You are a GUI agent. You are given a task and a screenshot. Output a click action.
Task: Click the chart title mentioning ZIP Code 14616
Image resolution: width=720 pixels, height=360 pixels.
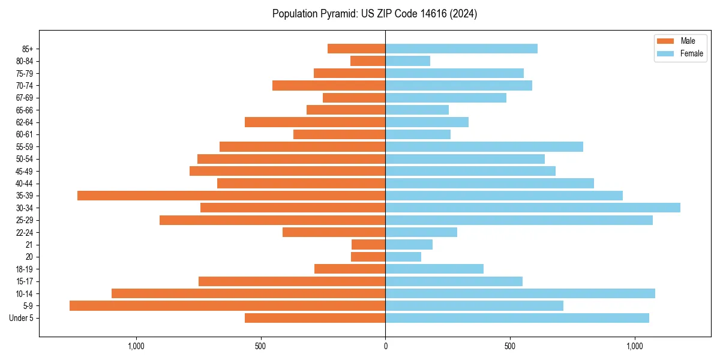(x=374, y=14)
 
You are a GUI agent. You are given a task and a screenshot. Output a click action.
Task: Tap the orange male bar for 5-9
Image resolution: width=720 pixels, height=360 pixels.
(x=227, y=306)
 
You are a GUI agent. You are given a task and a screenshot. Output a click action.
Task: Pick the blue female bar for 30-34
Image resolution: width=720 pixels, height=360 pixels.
(x=533, y=208)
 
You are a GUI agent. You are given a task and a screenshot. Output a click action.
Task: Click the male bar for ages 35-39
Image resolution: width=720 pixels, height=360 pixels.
(x=231, y=196)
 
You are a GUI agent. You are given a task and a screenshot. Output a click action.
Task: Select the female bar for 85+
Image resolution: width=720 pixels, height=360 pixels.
(x=461, y=49)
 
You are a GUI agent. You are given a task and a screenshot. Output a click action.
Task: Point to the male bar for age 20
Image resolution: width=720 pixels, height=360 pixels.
(x=368, y=257)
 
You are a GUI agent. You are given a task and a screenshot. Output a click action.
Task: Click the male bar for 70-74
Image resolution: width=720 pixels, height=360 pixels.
(x=329, y=85)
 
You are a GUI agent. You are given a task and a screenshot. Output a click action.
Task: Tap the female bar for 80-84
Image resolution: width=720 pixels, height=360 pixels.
(x=408, y=61)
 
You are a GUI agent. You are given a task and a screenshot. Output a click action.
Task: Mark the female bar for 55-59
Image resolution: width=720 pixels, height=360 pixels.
(x=484, y=146)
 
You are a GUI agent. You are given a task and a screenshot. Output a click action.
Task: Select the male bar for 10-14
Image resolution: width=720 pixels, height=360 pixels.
(x=248, y=293)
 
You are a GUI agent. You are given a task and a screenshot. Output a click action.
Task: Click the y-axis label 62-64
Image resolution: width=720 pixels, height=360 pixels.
(x=25, y=122)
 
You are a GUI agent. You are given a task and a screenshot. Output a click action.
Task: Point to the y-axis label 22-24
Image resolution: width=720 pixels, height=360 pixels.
(x=25, y=233)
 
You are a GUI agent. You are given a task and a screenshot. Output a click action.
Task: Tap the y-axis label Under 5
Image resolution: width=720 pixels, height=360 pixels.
(x=21, y=318)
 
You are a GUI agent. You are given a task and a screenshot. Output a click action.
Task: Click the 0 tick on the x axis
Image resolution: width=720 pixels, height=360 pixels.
(x=385, y=346)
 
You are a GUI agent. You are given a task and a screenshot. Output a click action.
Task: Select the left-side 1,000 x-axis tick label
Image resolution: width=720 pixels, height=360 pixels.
(x=136, y=346)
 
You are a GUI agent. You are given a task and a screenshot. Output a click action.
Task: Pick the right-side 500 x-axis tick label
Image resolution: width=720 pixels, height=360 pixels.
(x=509, y=346)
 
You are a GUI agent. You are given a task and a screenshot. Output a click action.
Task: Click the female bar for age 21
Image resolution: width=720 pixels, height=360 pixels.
(x=409, y=245)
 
